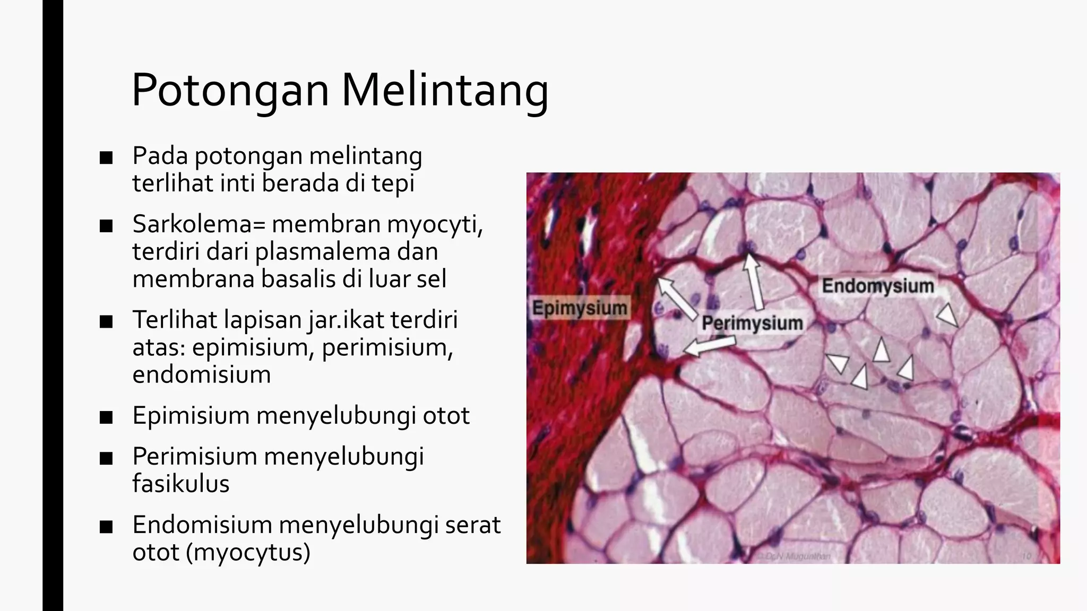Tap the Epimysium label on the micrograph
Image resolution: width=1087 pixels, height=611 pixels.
[580, 308]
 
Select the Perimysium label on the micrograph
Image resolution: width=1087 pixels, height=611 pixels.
[752, 322]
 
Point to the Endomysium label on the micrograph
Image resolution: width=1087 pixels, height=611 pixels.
[877, 286]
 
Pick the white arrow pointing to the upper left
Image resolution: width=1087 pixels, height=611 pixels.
[676, 297]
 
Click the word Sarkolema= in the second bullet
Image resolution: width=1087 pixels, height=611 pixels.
[199, 224]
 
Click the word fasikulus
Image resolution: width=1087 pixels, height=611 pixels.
[181, 484]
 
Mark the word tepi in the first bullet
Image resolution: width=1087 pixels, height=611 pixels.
[393, 184]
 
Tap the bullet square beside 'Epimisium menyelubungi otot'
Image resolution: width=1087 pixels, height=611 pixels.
[106, 417]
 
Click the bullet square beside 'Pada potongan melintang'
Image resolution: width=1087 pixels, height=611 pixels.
[106, 158]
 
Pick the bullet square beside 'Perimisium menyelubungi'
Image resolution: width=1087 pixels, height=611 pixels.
[106, 458]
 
